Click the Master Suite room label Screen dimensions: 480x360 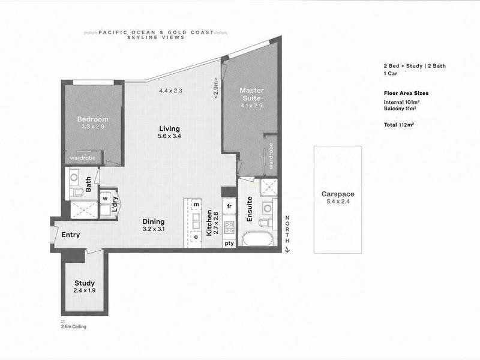(251, 94)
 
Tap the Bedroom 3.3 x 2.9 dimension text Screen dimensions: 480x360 (93, 127)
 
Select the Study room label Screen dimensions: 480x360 (85, 283)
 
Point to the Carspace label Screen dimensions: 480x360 (338, 194)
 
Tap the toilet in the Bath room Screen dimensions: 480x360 (77, 192)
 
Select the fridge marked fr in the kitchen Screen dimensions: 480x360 (229, 206)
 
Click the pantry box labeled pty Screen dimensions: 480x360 (229, 244)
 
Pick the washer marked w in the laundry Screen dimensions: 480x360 (106, 199)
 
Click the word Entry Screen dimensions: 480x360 (71, 235)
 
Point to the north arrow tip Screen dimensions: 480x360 (287, 252)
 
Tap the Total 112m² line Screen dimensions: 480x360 (399, 125)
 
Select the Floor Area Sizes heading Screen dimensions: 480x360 (406, 93)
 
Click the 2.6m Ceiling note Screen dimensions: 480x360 (74, 326)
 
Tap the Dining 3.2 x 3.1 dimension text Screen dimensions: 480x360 (154, 229)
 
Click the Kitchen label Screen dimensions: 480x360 (209, 223)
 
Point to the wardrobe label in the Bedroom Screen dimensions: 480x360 (83, 158)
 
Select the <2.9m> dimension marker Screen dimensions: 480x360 (216, 88)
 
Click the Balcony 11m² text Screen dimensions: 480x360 (400, 109)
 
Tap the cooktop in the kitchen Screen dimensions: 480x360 (229, 227)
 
